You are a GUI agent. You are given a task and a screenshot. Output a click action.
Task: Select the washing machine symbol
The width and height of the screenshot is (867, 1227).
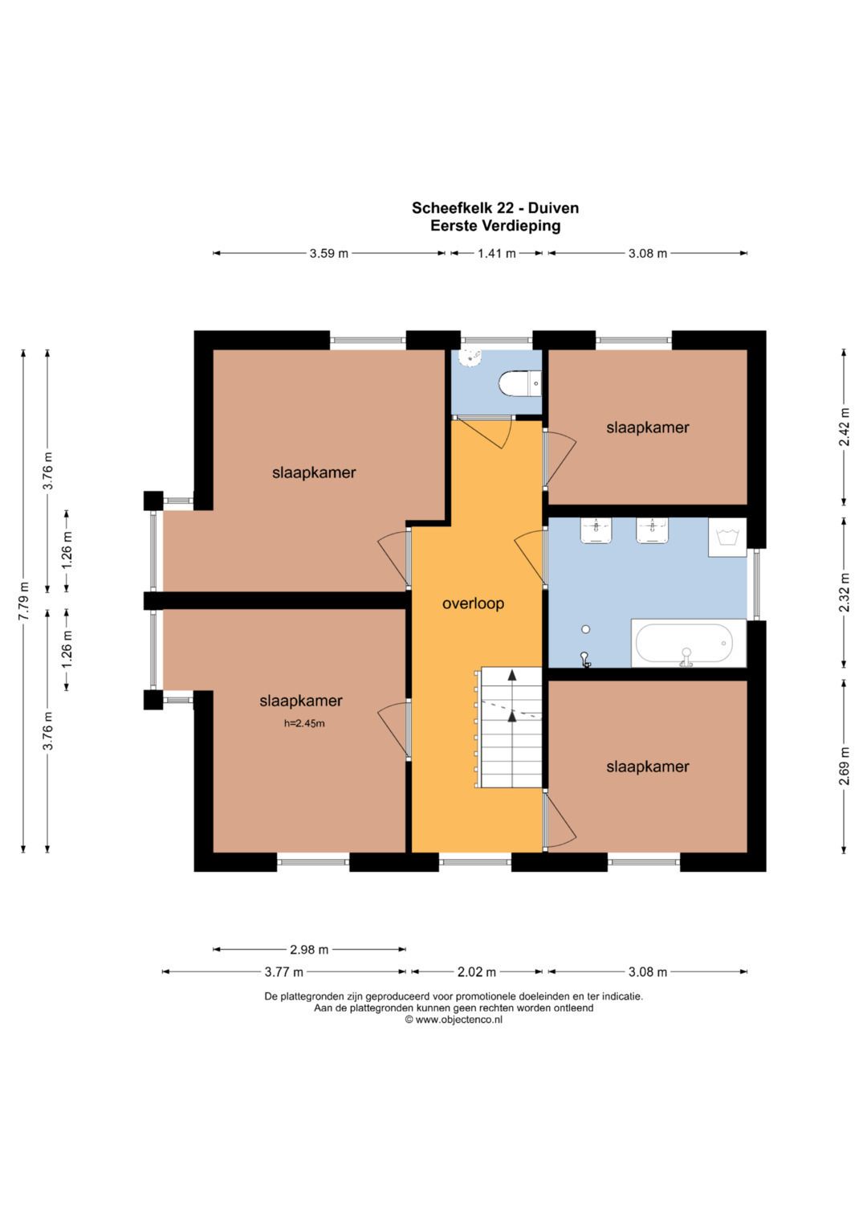[x=727, y=538]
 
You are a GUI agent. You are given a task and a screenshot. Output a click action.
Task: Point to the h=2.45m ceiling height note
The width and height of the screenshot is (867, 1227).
[x=304, y=723]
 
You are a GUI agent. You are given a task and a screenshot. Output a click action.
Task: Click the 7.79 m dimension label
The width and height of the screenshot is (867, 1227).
[x=23, y=601]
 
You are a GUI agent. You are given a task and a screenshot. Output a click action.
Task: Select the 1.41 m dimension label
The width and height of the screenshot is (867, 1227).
[x=497, y=253]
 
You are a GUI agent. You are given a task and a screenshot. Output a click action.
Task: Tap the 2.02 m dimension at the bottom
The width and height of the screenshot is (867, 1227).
[x=477, y=971]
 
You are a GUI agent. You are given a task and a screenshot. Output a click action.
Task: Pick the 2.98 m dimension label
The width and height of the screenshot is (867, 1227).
[x=309, y=949]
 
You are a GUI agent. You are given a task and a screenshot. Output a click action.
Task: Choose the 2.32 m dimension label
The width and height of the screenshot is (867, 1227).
[x=844, y=592]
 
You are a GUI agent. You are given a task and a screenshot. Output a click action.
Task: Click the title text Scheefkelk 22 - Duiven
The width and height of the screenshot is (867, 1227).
[x=495, y=208]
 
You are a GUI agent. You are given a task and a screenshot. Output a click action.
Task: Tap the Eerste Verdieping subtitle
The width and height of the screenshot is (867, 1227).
[x=495, y=226]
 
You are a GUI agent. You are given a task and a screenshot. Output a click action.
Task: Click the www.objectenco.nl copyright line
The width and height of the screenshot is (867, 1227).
[x=454, y=1020]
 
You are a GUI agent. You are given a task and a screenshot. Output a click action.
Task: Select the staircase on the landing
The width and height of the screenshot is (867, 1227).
[x=508, y=727]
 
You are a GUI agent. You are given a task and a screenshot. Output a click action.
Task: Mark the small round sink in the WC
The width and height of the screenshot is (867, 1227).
[x=470, y=358]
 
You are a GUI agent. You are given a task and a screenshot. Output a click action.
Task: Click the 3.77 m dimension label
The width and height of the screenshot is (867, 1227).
[x=283, y=971]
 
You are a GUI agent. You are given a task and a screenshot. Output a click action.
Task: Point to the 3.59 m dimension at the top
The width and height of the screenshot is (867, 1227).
[x=329, y=253]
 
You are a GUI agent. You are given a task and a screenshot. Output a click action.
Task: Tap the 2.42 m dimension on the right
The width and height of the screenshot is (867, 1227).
[x=844, y=427]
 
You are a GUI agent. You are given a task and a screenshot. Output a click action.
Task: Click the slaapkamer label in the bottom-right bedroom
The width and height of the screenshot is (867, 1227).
[x=648, y=767]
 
